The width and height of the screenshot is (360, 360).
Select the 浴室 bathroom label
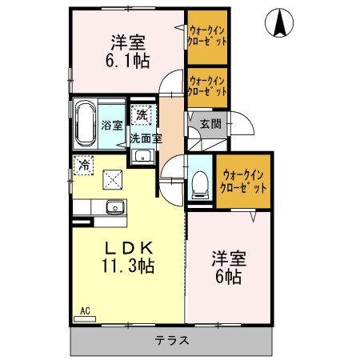(112, 125)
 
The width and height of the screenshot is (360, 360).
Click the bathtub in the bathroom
(86, 124)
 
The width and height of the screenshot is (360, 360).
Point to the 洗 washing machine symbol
(141, 115)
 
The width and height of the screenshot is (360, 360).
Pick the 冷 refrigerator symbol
(82, 166)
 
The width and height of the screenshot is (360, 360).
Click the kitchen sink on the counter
(115, 206)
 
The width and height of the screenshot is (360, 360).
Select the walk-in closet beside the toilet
(244, 180)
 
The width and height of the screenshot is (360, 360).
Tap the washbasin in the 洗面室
(142, 155)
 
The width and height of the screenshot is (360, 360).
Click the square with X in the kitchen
(113, 178)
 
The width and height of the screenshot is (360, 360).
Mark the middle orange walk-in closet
(207, 86)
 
